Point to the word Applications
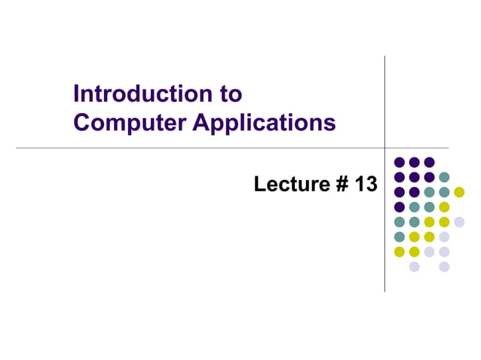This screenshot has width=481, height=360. (264, 123)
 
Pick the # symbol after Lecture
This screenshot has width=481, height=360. (342, 183)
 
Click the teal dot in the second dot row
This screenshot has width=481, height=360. (444, 177)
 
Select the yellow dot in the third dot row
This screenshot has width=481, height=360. (459, 192)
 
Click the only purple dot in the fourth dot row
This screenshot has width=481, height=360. (400, 207)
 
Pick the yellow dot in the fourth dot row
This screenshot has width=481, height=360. (444, 207)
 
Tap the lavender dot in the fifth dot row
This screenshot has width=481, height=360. (459, 221)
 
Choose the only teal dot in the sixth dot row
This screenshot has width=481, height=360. (400, 236)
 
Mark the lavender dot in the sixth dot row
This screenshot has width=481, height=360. (444, 236)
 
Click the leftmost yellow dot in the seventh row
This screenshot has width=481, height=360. (400, 252)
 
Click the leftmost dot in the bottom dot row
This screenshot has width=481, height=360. (414, 267)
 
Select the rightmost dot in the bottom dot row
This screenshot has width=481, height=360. (444, 267)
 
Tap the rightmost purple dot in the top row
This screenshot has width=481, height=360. (429, 162)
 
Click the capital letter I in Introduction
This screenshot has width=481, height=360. (77, 95)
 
